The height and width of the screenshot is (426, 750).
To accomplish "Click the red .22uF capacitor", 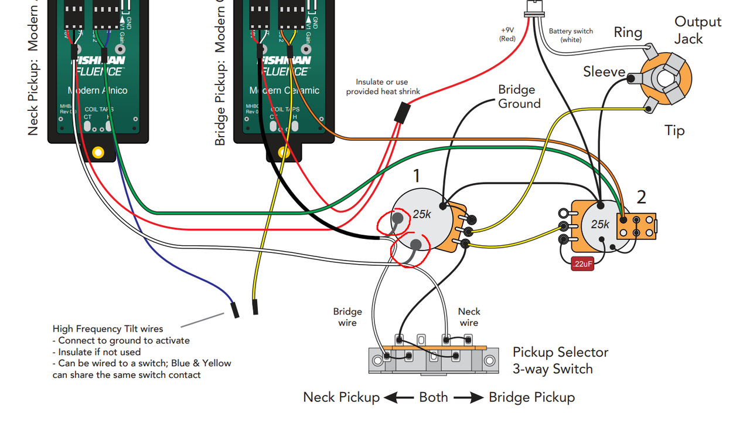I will pyautogui.click(x=582, y=265).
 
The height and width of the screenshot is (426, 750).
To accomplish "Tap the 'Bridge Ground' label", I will pyautogui.click(x=519, y=97).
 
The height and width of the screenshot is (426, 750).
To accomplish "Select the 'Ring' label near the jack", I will pyautogui.click(x=628, y=33).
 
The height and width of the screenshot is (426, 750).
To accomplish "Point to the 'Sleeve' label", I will pyautogui.click(x=604, y=72).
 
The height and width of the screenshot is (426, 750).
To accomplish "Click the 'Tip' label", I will pyautogui.click(x=674, y=130).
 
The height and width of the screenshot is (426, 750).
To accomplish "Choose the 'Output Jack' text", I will pyautogui.click(x=697, y=31).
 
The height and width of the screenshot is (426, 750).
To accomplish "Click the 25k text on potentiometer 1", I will pyautogui.click(x=421, y=215).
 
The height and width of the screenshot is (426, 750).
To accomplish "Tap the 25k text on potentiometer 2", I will pyautogui.click(x=599, y=224).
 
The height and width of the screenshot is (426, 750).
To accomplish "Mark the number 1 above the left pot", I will pyautogui.click(x=417, y=176).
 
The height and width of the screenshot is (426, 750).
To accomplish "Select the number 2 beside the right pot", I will pyautogui.click(x=641, y=197).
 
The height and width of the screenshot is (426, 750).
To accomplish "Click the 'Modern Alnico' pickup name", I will pyautogui.click(x=97, y=90).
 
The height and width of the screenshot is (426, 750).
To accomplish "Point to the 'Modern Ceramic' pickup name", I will pyautogui.click(x=284, y=90).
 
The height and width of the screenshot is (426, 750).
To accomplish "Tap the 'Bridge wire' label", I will pyautogui.click(x=347, y=317).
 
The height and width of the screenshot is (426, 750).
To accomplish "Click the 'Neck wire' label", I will pyautogui.click(x=469, y=317).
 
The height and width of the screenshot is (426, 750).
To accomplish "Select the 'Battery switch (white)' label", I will pyautogui.click(x=571, y=35).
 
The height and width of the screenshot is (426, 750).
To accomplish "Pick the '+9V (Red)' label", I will pyautogui.click(x=507, y=34).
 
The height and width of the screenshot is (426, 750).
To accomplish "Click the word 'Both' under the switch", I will pyautogui.click(x=433, y=397).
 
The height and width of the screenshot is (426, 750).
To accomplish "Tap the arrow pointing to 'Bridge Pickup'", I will pyautogui.click(x=469, y=398).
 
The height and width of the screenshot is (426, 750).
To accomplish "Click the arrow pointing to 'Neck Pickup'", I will pyautogui.click(x=398, y=398).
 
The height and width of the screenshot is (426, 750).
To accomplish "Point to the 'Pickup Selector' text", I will pyautogui.click(x=560, y=352).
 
